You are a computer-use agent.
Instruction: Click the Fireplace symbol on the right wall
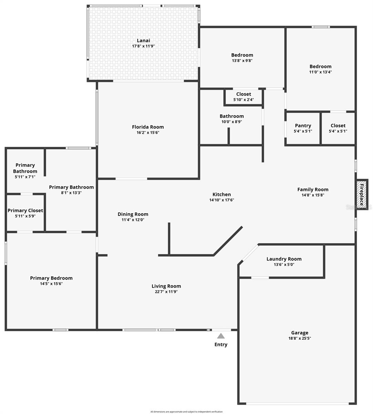click(362, 195)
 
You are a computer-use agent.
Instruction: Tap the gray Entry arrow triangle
click(221, 336)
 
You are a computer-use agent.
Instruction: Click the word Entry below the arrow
click(221, 344)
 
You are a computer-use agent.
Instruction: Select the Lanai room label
click(143, 40)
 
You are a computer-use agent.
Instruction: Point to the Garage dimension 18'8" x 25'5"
click(300, 338)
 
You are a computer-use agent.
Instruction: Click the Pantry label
click(303, 126)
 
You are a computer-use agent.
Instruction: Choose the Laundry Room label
click(284, 259)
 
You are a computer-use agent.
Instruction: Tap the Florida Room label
click(148, 127)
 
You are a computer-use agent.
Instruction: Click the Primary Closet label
click(25, 210)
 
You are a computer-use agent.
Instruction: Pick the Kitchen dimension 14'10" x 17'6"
click(222, 200)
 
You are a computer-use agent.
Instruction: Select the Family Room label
click(313, 189)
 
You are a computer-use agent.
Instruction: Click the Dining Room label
click(133, 214)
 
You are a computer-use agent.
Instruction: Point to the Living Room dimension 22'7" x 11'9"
click(166, 292)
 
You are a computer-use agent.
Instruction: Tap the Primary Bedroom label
click(51, 278)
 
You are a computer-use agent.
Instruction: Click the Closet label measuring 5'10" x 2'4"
click(244, 94)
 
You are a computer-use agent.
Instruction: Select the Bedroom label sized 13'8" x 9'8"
click(242, 55)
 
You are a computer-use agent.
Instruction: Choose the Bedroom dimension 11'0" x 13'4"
click(320, 72)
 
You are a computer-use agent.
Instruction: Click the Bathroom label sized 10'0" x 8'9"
click(232, 116)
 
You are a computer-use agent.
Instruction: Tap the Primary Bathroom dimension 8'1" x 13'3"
click(71, 193)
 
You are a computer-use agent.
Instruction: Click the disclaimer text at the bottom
click(186, 412)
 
